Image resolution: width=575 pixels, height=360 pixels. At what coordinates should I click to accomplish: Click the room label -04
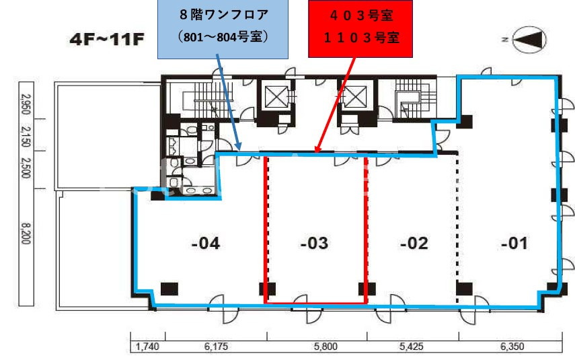pyautogui.click(x=206, y=244)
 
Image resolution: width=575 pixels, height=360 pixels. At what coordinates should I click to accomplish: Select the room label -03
pyautogui.click(x=314, y=244)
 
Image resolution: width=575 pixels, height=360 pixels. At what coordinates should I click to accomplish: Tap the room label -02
pyautogui.click(x=414, y=244)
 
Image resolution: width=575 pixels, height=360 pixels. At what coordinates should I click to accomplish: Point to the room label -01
pyautogui.click(x=514, y=244)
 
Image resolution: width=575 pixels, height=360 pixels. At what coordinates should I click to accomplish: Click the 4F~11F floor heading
pyautogui.click(x=107, y=39)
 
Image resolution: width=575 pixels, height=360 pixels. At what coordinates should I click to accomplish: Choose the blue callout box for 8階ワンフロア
pyautogui.click(x=223, y=29)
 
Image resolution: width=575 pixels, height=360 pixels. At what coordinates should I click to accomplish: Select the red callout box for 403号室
pyautogui.click(x=360, y=29)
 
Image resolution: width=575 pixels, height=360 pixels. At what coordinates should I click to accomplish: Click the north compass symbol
pyautogui.click(x=529, y=40)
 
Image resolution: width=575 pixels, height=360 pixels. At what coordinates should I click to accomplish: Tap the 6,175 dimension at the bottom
pyautogui.click(x=217, y=346)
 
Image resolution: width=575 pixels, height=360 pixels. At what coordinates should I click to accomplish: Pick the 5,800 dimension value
pyautogui.click(x=325, y=346)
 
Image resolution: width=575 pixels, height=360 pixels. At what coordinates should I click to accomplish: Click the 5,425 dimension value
pyautogui.click(x=412, y=346)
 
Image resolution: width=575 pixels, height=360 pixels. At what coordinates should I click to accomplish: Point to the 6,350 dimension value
pyautogui.click(x=512, y=346)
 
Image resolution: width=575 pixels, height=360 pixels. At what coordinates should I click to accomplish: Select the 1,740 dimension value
pyautogui.click(x=147, y=346)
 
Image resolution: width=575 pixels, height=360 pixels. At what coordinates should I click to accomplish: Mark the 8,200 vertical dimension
pyautogui.click(x=26, y=233)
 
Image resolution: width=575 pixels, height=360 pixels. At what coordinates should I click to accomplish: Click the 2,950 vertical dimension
pyautogui.click(x=26, y=104)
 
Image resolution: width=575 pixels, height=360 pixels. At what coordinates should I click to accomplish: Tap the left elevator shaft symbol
pyautogui.click(x=276, y=97)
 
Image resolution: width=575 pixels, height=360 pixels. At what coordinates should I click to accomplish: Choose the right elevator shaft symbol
pyautogui.click(x=354, y=97)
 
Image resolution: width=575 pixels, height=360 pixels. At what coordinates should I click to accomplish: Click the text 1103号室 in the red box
pyautogui.click(x=362, y=38)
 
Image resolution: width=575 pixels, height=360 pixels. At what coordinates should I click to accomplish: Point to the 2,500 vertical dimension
pyautogui.click(x=26, y=168)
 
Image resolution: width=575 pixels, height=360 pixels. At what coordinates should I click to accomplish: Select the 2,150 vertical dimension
pyautogui.click(x=26, y=137)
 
